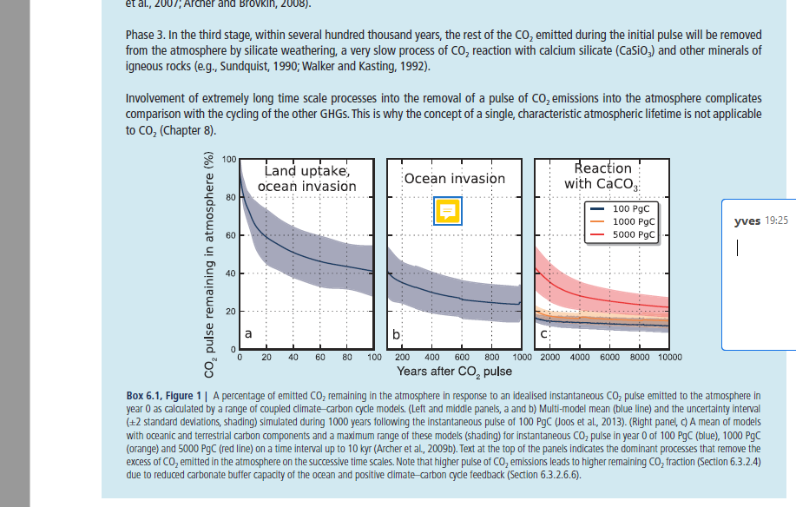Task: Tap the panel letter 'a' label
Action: (248, 333)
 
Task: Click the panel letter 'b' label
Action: (397, 333)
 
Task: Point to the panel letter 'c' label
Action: (544, 333)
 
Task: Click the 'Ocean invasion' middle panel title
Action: (455, 179)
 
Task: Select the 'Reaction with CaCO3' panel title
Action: (602, 176)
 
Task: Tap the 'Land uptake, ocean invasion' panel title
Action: (306, 179)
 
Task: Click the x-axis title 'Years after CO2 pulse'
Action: (454, 372)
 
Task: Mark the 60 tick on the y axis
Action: (228, 236)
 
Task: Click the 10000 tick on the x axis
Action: (668, 357)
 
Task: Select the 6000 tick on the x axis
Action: (609, 357)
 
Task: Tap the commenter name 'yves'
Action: (747, 221)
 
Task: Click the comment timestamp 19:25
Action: (776, 221)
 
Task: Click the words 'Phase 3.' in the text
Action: (145, 35)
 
